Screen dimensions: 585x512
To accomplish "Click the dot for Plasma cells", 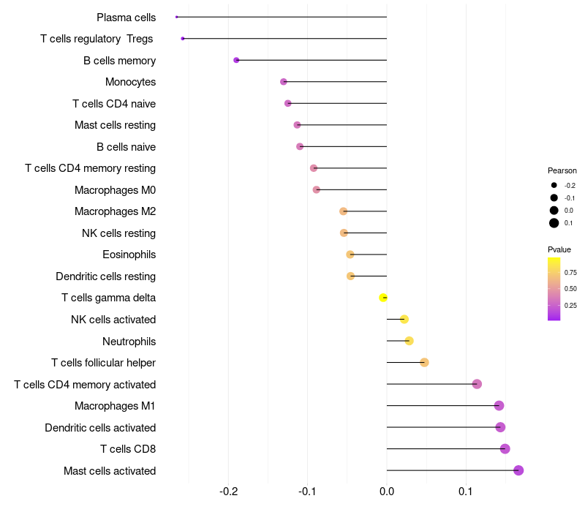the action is point(176,17).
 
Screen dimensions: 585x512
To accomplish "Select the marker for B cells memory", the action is point(236,60).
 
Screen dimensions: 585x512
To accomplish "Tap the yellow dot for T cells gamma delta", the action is point(382,298).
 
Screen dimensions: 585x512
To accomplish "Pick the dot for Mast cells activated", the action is point(518,470).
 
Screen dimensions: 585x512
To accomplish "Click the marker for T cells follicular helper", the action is point(424,362).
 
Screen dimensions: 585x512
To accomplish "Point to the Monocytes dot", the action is point(284,82).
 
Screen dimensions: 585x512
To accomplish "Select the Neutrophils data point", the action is point(409,341).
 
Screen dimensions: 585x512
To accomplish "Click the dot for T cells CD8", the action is point(505,448).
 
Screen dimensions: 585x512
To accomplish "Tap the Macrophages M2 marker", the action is point(343,211).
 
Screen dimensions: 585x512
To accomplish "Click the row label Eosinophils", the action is point(129,255).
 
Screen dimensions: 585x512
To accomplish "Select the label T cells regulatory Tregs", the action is point(97,39).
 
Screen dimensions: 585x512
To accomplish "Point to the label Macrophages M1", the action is point(115,406).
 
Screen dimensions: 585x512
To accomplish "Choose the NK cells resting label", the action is point(119,233).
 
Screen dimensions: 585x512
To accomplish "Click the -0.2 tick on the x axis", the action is point(229,491).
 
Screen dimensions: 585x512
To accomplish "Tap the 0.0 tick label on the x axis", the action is point(387,491).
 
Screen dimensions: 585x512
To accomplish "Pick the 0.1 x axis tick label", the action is point(466,491).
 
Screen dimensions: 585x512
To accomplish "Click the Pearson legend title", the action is point(562,170).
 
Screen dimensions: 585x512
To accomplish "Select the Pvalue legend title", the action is point(559,249).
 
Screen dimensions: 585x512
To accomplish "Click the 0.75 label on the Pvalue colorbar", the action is point(570,272).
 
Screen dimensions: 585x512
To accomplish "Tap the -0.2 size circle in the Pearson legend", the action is point(554,185).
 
